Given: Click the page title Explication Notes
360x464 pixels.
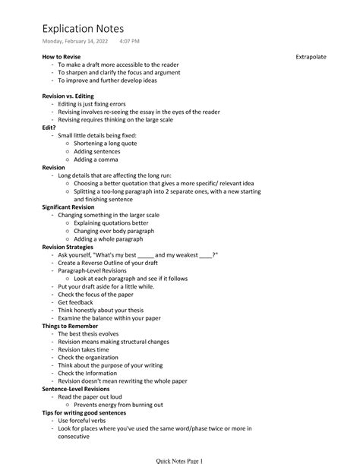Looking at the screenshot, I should click(x=83, y=28).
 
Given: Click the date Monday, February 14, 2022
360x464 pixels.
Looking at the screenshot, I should click(x=74, y=41).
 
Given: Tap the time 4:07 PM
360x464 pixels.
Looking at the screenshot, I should click(x=130, y=41).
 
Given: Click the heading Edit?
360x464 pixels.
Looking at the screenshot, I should click(x=49, y=128).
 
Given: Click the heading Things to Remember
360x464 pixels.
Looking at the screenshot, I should click(x=74, y=325).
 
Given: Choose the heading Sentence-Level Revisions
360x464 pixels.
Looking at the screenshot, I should click(x=81, y=388).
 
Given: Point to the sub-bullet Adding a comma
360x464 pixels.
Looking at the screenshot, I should click(x=99, y=159).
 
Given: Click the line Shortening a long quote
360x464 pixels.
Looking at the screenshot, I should click(x=110, y=144).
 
